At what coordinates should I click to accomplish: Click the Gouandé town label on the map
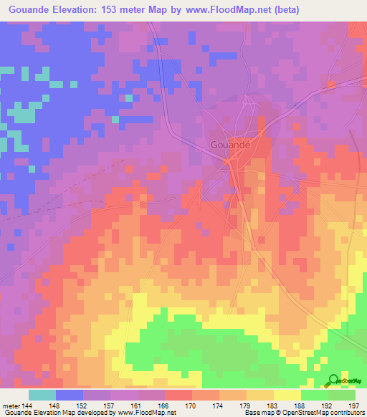point(231,144)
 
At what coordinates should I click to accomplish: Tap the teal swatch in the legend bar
point(42,395)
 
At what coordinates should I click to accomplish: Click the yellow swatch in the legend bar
point(287,395)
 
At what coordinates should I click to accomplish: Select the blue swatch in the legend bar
point(70,395)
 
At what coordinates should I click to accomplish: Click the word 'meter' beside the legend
point(9,405)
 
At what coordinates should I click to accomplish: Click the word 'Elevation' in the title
point(80,9)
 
